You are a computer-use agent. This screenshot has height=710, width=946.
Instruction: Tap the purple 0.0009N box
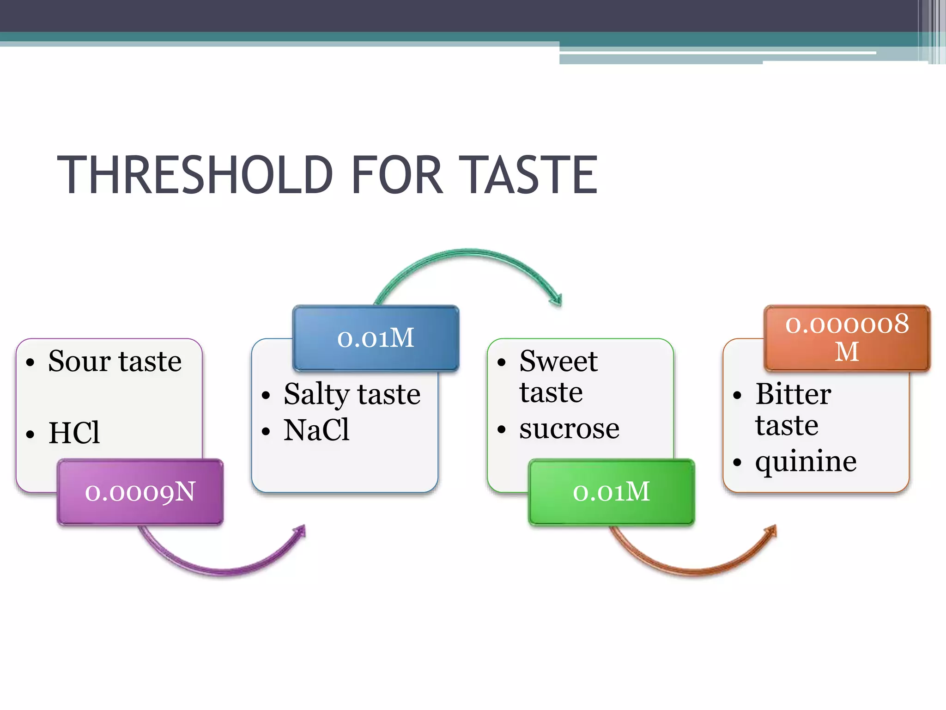tap(140, 492)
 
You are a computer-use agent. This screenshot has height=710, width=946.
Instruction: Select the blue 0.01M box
tap(376, 338)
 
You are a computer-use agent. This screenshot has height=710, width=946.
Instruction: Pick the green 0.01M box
tap(612, 492)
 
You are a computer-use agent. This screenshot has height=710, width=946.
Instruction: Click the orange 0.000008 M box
tap(847, 338)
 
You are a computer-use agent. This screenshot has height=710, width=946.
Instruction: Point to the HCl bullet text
tap(74, 433)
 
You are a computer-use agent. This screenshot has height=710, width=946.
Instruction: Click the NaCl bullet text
tap(316, 430)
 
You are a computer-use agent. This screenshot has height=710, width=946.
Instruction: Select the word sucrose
tap(569, 429)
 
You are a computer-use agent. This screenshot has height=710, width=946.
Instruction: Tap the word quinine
tap(806, 461)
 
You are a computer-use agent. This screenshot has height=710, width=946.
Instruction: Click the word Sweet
tap(558, 361)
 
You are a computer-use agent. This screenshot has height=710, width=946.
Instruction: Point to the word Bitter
tap(793, 394)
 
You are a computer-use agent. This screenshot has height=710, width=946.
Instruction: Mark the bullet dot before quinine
tap(737, 462)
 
